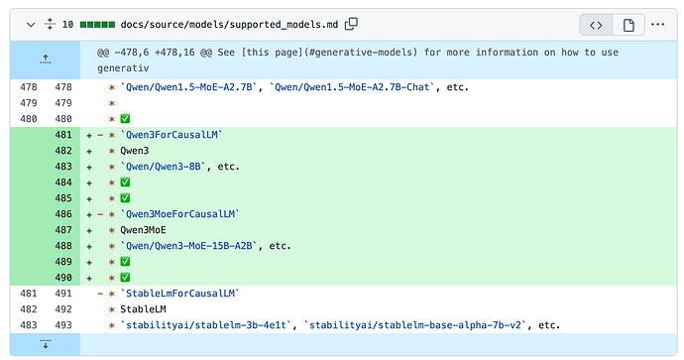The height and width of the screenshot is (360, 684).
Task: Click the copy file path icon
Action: (351, 24)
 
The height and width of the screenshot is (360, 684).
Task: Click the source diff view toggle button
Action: (596, 25)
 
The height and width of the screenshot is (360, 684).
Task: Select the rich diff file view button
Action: (628, 25)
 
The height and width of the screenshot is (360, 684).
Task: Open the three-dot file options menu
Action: (658, 25)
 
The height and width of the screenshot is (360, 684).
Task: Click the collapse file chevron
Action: (31, 25)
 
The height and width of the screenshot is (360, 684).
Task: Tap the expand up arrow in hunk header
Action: (46, 60)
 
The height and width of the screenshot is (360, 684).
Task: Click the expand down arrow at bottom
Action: (46, 344)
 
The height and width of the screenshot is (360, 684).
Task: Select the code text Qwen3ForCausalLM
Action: (171, 135)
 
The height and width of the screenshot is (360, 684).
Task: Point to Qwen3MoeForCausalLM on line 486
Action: (180, 214)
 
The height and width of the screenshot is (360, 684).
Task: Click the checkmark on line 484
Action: (125, 182)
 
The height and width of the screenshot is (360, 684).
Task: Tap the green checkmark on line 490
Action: (125, 278)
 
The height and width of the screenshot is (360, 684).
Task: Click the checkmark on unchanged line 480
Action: (125, 119)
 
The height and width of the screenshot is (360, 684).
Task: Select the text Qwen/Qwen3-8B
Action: (164, 167)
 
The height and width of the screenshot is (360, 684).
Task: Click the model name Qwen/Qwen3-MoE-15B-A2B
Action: (189, 246)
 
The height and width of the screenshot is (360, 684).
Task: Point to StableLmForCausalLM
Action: (180, 294)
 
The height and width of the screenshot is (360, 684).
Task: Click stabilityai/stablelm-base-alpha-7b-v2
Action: (415, 325)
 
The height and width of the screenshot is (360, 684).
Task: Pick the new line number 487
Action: (63, 230)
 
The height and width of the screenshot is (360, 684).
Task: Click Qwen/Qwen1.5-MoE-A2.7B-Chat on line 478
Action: (352, 87)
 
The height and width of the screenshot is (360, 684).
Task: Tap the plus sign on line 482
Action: (89, 152)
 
